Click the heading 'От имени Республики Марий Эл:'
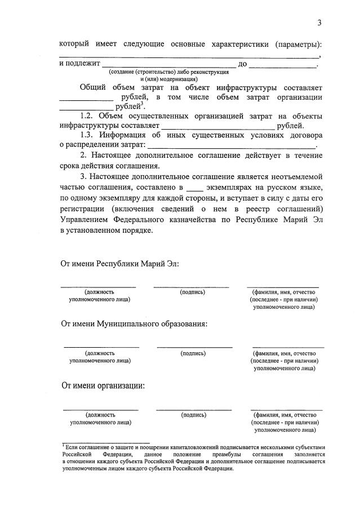click(x=120, y=264)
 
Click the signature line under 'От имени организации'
click(x=193, y=410)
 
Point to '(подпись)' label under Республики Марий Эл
click(x=192, y=292)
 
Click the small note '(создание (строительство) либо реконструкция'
click(x=168, y=72)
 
